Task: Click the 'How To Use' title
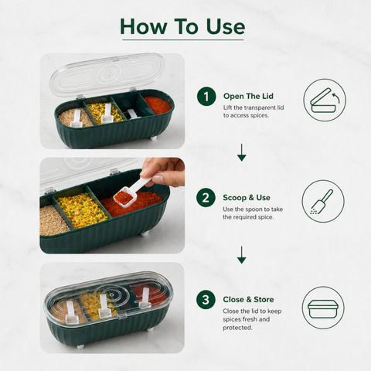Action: [x=182, y=26]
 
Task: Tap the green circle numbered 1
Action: [x=206, y=97]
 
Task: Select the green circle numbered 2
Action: [x=206, y=198]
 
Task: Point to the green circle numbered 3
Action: [x=206, y=300]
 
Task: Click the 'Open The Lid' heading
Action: [x=248, y=96]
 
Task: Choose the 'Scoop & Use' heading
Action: [x=247, y=198]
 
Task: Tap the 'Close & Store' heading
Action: [x=248, y=299]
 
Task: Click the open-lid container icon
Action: [x=325, y=100]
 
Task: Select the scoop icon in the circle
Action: [x=323, y=202]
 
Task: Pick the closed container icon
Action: [x=323, y=308]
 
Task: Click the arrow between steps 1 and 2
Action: [x=241, y=152]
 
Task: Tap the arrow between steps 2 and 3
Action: [x=241, y=255]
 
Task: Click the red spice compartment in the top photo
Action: [x=157, y=104]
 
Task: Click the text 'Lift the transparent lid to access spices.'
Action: [x=254, y=111]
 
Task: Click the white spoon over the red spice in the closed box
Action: [x=145, y=298]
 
